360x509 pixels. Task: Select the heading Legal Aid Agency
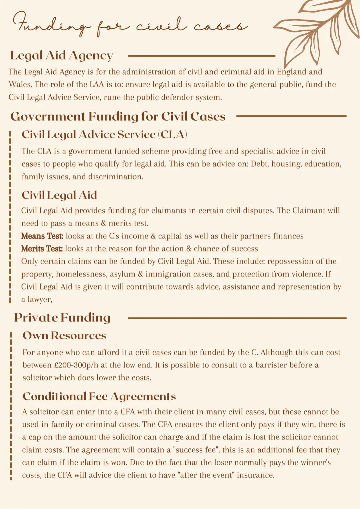point(62,56)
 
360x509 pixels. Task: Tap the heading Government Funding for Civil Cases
point(118,116)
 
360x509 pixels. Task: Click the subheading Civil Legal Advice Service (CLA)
point(104,134)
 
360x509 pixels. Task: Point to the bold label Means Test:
point(42,236)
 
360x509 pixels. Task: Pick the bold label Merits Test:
point(42,249)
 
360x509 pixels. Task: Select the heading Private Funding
point(62,317)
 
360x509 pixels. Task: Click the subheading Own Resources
point(64,335)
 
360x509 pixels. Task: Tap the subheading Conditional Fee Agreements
point(99,396)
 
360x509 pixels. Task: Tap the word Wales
point(20,85)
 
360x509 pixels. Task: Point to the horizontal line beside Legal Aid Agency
point(201,56)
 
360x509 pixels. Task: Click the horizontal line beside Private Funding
point(237,318)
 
